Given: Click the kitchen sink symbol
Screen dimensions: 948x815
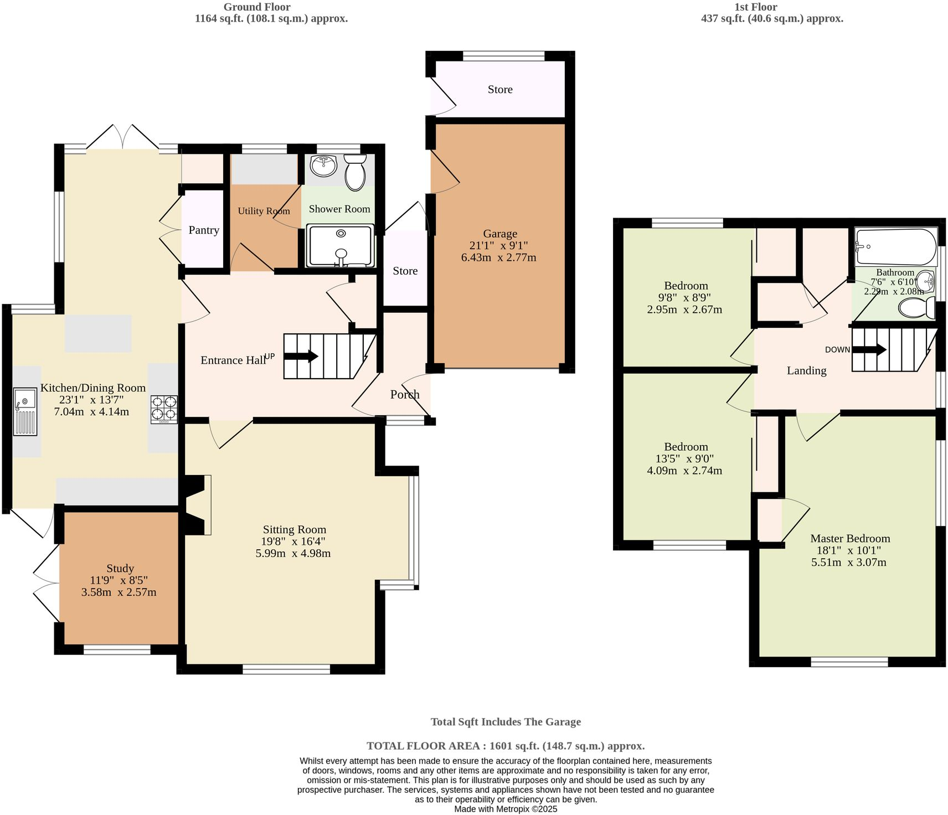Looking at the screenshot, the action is [x=24, y=411].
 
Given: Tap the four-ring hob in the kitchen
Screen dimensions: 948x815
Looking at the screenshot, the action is [x=164, y=410].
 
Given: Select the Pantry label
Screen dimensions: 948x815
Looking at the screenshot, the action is [x=204, y=230].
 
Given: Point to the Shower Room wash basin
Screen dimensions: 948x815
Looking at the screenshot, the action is [x=323, y=166].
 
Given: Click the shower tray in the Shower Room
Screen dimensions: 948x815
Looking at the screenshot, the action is [x=340, y=246].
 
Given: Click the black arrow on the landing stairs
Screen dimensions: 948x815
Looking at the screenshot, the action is [x=869, y=349].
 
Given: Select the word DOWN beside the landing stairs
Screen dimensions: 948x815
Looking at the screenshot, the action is [x=837, y=349].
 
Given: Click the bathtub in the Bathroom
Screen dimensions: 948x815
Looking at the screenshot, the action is [x=896, y=247].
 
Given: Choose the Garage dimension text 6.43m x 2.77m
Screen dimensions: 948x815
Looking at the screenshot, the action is [x=498, y=257].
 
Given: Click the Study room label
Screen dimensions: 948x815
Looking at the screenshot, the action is [x=120, y=568].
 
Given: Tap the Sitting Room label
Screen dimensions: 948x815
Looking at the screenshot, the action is [x=294, y=529].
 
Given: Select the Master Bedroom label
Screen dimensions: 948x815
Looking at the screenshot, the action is [x=850, y=538].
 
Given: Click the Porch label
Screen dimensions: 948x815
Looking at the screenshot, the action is [x=405, y=394].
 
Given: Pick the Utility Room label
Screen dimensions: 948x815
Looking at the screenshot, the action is [x=264, y=211].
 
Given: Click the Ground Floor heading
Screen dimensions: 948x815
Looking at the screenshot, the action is [x=257, y=7].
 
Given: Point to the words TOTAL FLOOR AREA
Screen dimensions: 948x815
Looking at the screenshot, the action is [x=424, y=746].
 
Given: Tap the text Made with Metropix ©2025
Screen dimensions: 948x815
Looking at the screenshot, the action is [x=506, y=809].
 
